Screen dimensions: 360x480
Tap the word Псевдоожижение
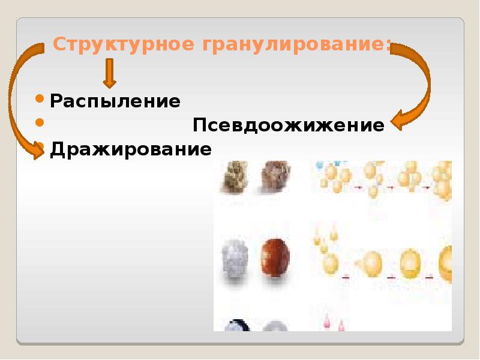coord(288,126)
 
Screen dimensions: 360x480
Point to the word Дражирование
coord(131,148)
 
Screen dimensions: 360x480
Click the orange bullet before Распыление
coord(40,98)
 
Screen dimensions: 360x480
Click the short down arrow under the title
coord(109,73)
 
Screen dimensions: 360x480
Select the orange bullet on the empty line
coord(40,122)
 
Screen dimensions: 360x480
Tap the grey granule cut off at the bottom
coord(275,326)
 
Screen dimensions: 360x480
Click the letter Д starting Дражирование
coord(58,149)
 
